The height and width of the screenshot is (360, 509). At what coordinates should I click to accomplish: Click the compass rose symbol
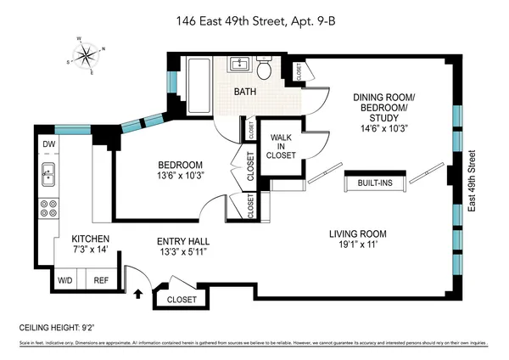coord(85,57)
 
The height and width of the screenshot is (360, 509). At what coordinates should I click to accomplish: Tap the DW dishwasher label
coord(49,144)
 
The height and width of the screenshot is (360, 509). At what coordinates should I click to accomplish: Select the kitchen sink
coord(49,176)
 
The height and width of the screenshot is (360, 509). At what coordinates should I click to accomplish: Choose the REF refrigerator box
coord(101,279)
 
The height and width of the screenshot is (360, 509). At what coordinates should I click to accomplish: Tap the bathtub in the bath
coord(200,80)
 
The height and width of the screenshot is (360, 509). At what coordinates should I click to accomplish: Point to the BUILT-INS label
coord(374,183)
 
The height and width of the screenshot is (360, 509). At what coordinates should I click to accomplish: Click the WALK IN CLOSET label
coord(282,146)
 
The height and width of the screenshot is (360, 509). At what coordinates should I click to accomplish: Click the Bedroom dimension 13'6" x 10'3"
coord(180,177)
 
